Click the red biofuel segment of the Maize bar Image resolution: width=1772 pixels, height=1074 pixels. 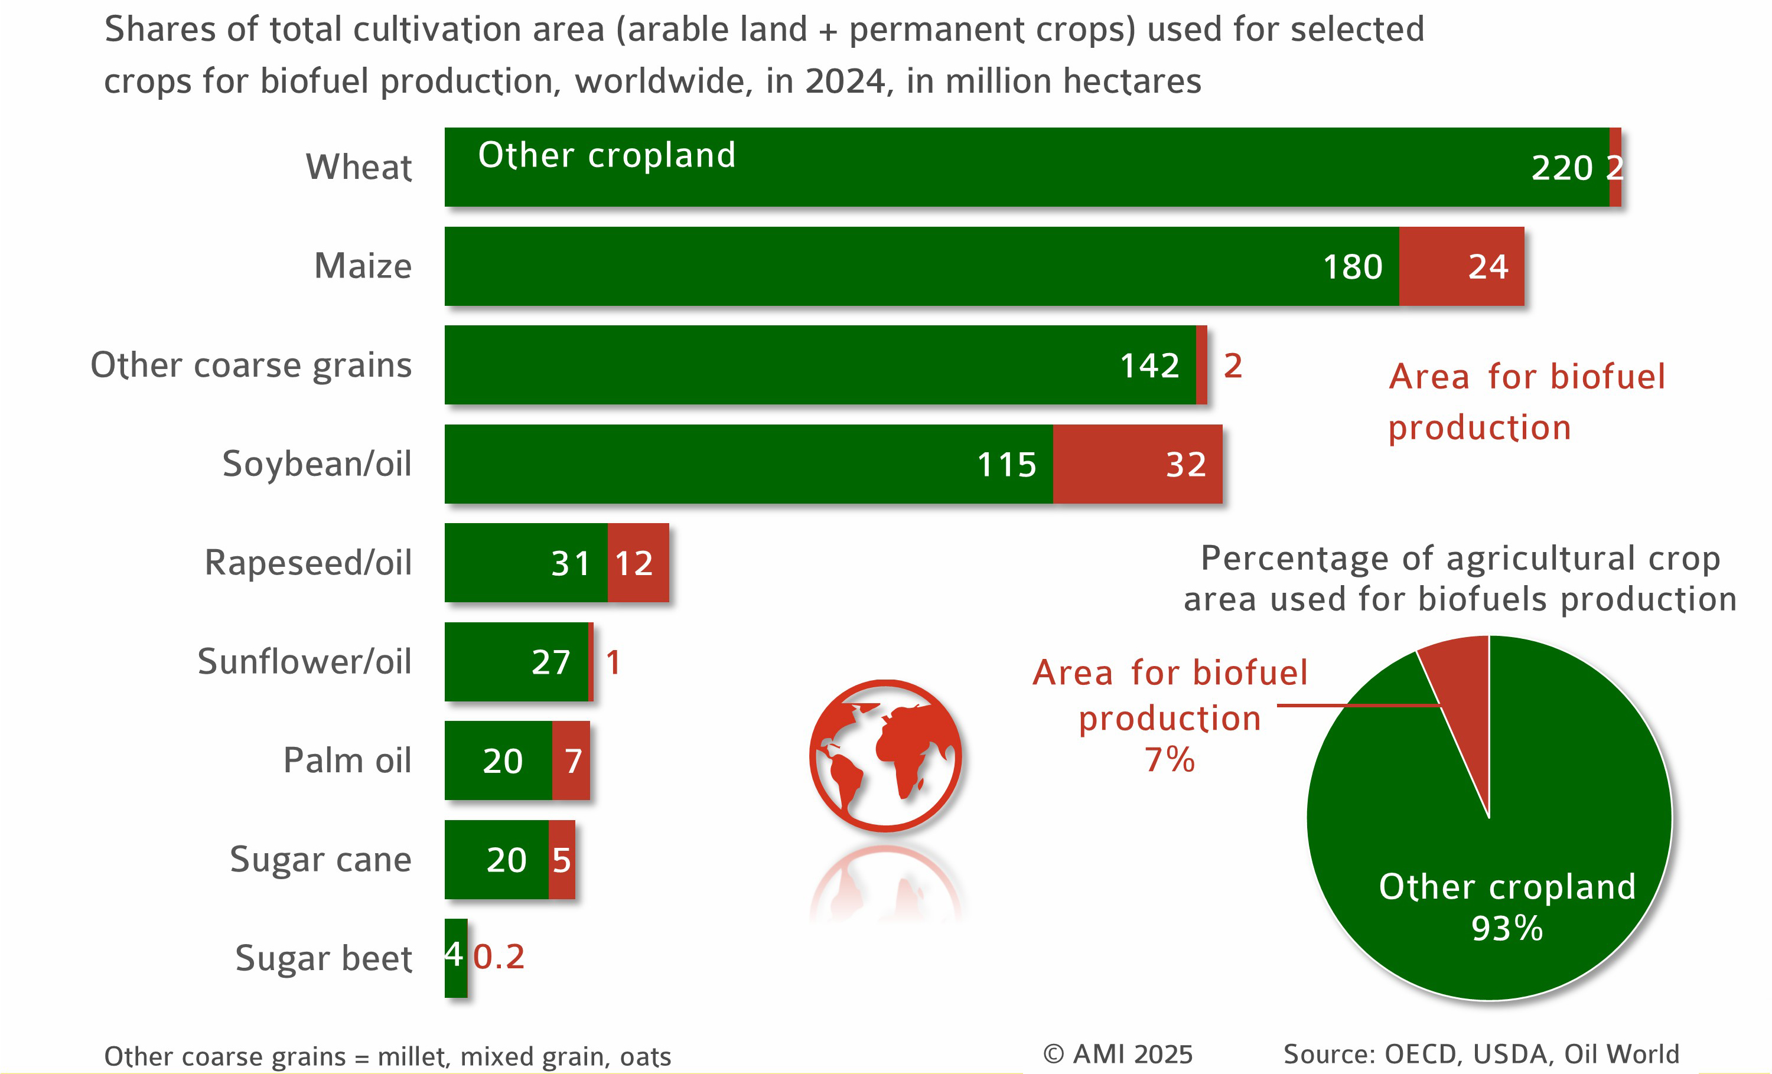(1461, 266)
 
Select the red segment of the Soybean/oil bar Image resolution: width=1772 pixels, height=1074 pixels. (1137, 463)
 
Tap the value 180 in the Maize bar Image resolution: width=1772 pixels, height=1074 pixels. (1352, 267)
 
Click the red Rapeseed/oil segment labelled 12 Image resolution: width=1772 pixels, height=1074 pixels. (637, 563)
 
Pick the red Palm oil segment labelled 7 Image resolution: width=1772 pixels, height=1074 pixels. (572, 760)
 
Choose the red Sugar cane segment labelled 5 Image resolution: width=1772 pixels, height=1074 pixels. (562, 860)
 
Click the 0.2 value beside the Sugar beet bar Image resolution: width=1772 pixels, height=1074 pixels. (499, 957)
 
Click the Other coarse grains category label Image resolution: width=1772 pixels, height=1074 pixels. (251, 365)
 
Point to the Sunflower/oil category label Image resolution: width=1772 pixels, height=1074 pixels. (304, 661)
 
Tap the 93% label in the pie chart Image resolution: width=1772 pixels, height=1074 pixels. (1507, 928)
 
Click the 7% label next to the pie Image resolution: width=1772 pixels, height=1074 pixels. (1170, 760)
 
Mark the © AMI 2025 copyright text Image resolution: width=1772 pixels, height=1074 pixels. (1118, 1055)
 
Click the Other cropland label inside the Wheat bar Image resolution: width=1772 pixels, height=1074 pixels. (607, 155)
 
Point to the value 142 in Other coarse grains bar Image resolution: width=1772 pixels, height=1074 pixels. (1149, 366)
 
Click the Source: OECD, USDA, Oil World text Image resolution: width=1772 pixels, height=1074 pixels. (1481, 1055)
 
